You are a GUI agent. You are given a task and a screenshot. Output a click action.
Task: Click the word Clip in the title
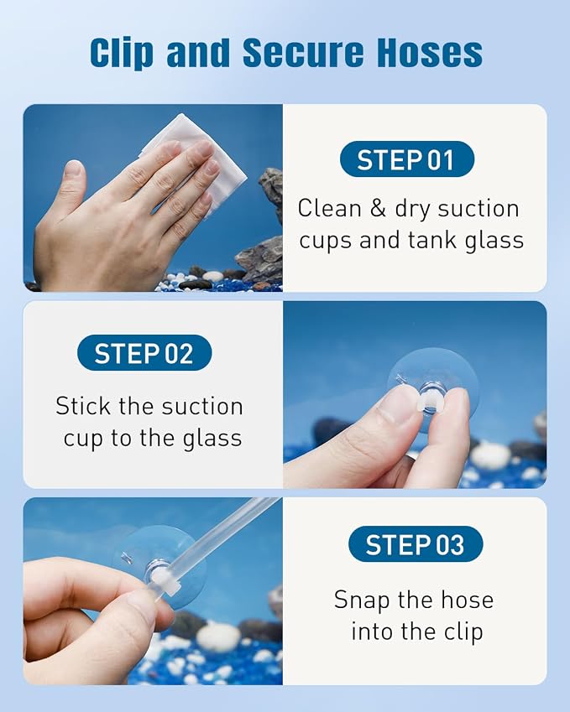122,53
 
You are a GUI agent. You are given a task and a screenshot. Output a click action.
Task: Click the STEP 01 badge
407,159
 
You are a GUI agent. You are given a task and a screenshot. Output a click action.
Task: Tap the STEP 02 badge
144,353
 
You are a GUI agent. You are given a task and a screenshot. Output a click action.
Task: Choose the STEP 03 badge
416,544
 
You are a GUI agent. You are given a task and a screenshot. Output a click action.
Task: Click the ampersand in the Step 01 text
378,209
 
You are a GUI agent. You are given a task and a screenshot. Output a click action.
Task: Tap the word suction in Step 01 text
478,209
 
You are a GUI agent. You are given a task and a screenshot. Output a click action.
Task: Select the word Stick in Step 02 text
83,406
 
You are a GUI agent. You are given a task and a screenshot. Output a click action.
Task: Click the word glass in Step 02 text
212,439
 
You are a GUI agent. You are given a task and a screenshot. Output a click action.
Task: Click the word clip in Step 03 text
463,632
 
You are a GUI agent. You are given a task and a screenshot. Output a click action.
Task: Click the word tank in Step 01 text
431,240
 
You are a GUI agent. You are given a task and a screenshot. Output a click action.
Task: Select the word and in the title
198,53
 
